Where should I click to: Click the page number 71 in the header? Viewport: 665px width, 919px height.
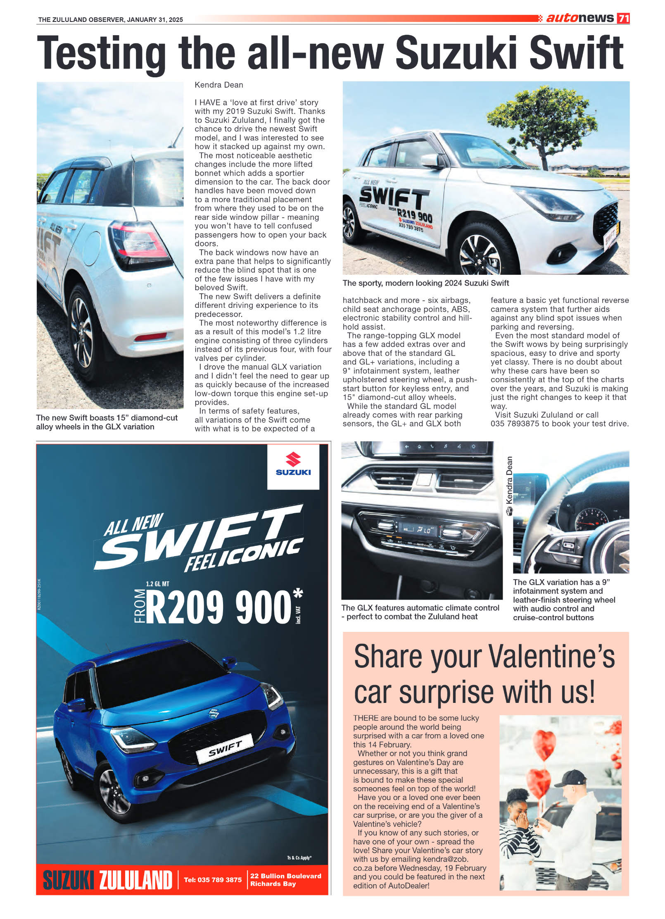[x=623, y=18]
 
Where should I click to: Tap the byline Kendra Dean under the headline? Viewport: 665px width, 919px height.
[x=219, y=85]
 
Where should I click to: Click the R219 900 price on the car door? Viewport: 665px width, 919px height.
[x=414, y=215]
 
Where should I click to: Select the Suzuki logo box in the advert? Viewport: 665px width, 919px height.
[x=293, y=466]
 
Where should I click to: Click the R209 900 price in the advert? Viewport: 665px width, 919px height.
[x=219, y=607]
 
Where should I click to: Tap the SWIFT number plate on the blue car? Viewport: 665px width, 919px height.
[x=225, y=749]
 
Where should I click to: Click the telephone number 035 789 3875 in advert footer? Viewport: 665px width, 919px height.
[x=213, y=880]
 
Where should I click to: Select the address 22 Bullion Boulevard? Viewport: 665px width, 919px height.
[x=285, y=876]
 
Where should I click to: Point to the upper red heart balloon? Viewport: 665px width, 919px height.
[x=544, y=744]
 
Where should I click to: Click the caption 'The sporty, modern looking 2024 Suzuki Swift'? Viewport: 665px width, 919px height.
[x=425, y=283]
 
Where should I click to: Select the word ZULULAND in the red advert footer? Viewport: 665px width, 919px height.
[x=136, y=881]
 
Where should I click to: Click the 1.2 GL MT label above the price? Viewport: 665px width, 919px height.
[x=157, y=584]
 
